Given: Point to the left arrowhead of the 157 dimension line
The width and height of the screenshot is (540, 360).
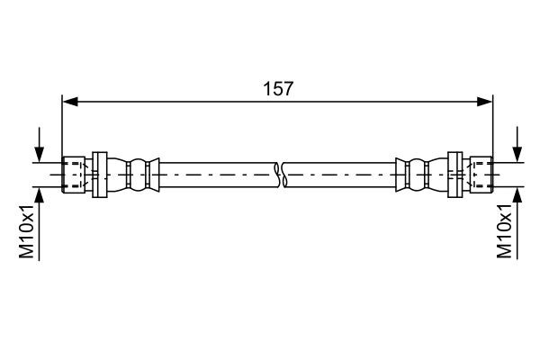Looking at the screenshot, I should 68,102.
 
